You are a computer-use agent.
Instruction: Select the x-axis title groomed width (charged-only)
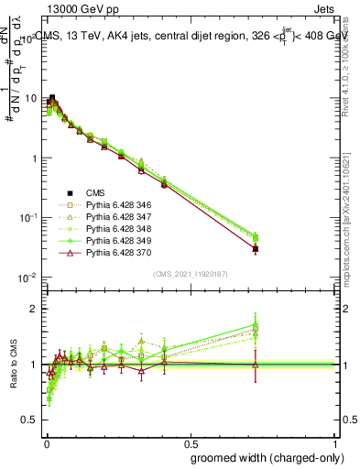tap(264, 456)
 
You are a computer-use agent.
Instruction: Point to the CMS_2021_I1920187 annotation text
tap(191, 274)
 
